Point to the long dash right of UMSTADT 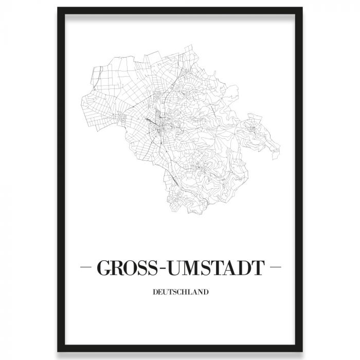pyautogui.click(x=275, y=268)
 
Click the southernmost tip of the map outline pyautogui.click(x=178, y=212)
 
